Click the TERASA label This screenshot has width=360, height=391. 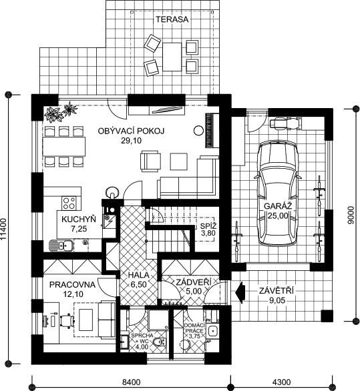pyautogui.click(x=172, y=19)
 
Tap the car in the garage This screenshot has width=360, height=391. pyautogui.click(x=278, y=193)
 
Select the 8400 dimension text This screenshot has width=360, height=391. pyautogui.click(x=132, y=382)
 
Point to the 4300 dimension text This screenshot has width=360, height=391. pyautogui.click(x=282, y=382)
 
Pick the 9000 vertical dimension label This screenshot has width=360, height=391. pyautogui.click(x=351, y=215)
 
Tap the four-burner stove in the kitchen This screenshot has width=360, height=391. pyautogui.click(x=69, y=203)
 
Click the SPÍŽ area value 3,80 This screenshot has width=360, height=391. pyautogui.click(x=208, y=234)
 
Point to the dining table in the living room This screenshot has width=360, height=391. pyautogui.click(x=64, y=145)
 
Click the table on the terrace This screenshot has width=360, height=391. pyautogui.click(x=172, y=57)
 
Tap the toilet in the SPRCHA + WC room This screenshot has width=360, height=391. pyautogui.click(x=159, y=342)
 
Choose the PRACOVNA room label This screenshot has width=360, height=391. pyautogui.click(x=72, y=284)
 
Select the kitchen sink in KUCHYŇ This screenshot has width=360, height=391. pyautogui.click(x=61, y=246)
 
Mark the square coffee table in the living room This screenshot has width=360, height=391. pyautogui.click(x=179, y=161)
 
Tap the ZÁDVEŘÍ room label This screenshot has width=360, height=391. pyautogui.click(x=194, y=282)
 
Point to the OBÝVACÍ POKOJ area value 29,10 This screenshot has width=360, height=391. pyautogui.click(x=132, y=141)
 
